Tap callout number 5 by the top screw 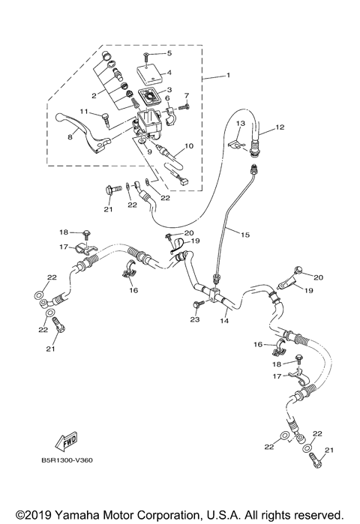169,53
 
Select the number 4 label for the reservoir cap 169,73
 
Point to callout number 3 169,90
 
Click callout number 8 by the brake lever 70,137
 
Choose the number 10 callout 188,146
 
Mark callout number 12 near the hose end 280,127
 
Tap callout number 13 240,123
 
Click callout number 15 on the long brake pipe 244,235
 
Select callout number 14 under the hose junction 223,320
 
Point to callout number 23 195,319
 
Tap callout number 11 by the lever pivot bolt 85,112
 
